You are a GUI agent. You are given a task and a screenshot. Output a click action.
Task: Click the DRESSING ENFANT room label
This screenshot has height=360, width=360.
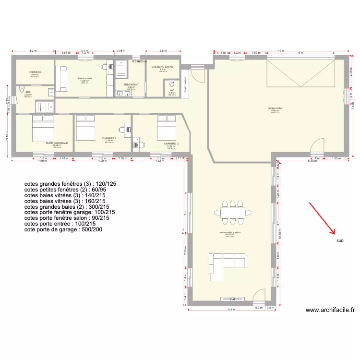(163, 67)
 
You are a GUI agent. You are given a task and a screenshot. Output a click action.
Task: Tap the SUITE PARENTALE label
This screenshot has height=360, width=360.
(57, 143)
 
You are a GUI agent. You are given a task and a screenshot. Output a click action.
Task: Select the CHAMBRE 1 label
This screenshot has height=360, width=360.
(109, 138)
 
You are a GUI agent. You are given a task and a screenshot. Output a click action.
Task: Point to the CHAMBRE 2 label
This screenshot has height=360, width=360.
(171, 144)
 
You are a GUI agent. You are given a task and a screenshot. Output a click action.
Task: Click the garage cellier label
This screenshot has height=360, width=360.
(275, 108)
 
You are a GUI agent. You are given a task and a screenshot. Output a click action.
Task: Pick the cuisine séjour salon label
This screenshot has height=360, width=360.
(229, 232)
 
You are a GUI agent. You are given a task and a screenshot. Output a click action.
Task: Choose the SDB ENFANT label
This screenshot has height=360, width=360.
(131, 84)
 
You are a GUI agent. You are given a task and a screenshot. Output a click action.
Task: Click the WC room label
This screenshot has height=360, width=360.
(172, 90)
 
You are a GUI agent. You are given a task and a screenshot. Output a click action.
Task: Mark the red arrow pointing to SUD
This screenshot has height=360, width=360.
(322, 218)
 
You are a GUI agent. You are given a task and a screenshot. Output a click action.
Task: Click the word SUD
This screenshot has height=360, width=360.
(340, 240)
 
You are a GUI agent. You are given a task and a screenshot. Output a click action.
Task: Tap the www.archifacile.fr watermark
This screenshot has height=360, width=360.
(330, 311)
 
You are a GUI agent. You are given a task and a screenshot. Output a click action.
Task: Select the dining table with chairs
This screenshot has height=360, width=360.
(233, 212)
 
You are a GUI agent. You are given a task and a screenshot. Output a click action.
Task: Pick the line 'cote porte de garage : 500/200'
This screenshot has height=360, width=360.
(63, 230)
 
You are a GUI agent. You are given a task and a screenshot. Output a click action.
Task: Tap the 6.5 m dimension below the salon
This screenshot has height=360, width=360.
(232, 310)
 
